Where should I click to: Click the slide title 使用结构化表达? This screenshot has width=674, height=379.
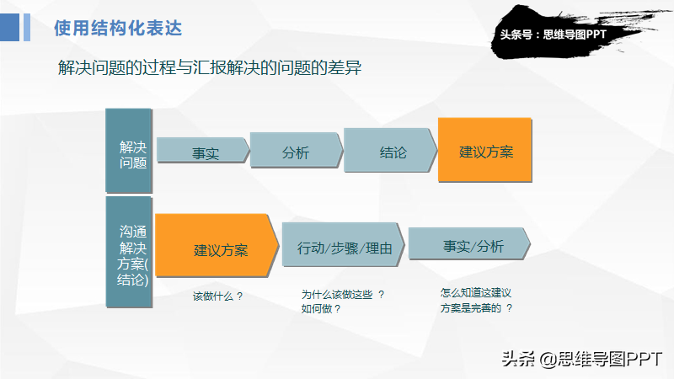pyautogui.click(x=118, y=29)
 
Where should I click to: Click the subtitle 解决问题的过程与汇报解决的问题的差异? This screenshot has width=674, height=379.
pyautogui.click(x=210, y=68)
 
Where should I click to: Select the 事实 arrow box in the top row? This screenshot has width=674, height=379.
pyautogui.click(x=203, y=150)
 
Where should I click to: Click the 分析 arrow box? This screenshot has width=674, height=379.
pyautogui.click(x=297, y=150)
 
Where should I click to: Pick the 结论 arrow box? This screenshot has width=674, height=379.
pyautogui.click(x=390, y=150)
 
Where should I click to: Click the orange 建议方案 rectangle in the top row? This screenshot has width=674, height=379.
pyautogui.click(x=485, y=150)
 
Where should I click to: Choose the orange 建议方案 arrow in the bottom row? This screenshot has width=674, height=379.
pyautogui.click(x=217, y=245)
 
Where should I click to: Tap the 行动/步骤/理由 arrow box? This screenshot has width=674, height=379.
pyautogui.click(x=344, y=245)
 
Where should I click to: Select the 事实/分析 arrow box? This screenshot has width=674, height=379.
pyautogui.click(x=469, y=243)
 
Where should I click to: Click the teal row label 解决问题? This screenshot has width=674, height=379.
pyautogui.click(x=129, y=151)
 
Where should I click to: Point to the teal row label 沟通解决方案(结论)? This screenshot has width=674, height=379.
pyautogui.click(x=129, y=252)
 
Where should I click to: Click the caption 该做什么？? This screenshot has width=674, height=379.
pyautogui.click(x=218, y=296)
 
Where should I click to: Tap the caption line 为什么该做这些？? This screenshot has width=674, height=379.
pyautogui.click(x=343, y=294)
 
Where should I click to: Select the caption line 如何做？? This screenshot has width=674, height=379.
pyautogui.click(x=321, y=308)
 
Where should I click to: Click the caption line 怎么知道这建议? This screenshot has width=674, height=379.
pyautogui.click(x=476, y=293)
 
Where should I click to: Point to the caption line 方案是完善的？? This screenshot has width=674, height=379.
pyautogui.click(x=476, y=307)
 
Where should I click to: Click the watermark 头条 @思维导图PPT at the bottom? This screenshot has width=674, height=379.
pyautogui.click(x=581, y=359)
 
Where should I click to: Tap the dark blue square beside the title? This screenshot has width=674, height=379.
pyautogui.click(x=9, y=28)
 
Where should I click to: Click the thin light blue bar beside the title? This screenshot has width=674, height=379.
pyautogui.click(x=27, y=28)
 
